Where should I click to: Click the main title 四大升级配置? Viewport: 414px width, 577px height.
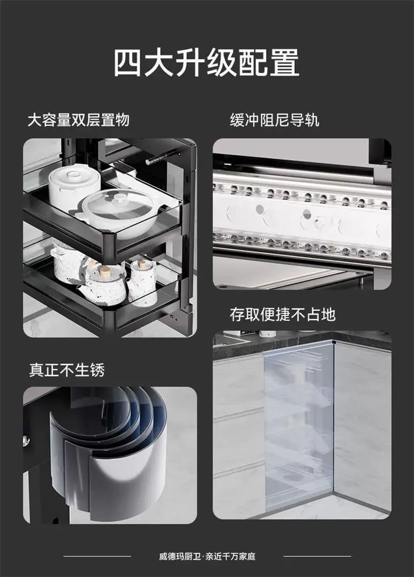[206, 62]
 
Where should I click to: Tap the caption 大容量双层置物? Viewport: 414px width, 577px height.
[78, 120]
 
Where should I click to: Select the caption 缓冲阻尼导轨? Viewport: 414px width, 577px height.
[274, 120]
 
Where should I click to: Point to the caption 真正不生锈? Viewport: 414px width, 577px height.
[67, 370]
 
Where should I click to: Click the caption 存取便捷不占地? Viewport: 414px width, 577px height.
[283, 314]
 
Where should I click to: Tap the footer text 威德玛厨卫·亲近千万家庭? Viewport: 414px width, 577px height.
[207, 556]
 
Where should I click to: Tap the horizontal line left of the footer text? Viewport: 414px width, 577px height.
[97, 556]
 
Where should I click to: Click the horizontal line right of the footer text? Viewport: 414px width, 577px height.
[317, 556]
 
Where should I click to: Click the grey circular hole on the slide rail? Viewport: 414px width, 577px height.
[259, 209]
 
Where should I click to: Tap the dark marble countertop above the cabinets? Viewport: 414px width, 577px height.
[302, 344]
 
